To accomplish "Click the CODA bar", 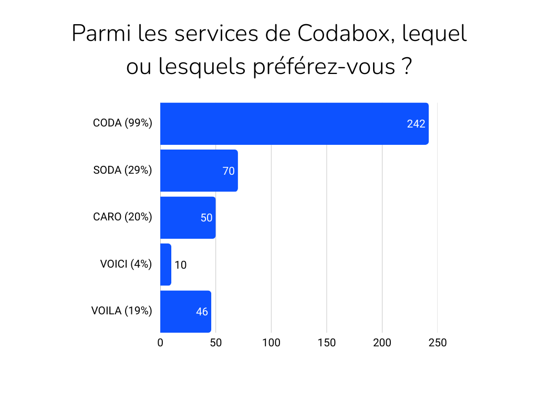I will [294, 124].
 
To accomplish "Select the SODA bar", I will [199, 171].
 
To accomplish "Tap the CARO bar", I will [188, 218].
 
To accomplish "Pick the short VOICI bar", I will [165, 264].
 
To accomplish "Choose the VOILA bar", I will [185, 312].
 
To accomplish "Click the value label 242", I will [416, 124].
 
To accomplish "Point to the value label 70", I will [228, 171].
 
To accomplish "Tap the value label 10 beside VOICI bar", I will [180, 265].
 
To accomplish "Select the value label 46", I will [202, 312].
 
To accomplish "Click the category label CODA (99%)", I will [122, 123].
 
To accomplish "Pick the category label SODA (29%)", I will [122, 170].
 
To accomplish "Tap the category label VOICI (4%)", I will [126, 264].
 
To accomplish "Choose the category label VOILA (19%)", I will [122, 311].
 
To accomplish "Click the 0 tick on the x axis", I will [160, 343].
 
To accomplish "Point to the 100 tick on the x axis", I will [271, 343].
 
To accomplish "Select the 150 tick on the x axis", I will [327, 343].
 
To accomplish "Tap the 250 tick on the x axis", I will [438, 343].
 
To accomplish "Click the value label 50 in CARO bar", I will [206, 218].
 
